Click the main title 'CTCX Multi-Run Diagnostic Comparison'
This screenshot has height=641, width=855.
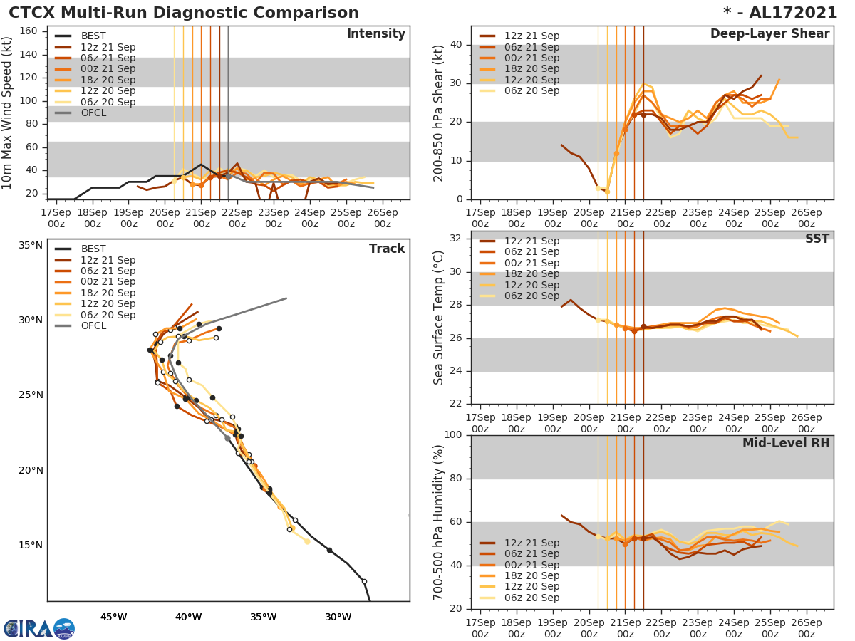pyautogui.click(x=184, y=13)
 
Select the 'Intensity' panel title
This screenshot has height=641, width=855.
pyautogui.click(x=375, y=34)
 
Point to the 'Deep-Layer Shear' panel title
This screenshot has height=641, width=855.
pyautogui.click(x=769, y=34)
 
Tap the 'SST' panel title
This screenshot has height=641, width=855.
pyautogui.click(x=817, y=239)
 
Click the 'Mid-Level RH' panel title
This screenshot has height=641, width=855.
pyautogui.click(x=785, y=443)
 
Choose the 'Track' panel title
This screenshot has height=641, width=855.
pyautogui.click(x=386, y=249)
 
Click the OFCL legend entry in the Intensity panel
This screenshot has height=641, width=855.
pyautogui.click(x=93, y=113)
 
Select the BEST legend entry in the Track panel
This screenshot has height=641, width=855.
pyautogui.click(x=93, y=249)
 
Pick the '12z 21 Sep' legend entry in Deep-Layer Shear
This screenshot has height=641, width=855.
pyautogui.click(x=532, y=36)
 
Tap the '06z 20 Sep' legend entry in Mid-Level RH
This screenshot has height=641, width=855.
pyautogui.click(x=532, y=598)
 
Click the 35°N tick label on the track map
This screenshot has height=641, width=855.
pyautogui.click(x=31, y=246)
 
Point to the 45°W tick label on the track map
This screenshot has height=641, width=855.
pyautogui.click(x=113, y=617)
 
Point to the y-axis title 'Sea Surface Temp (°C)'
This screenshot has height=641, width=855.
pyautogui.click(x=439, y=318)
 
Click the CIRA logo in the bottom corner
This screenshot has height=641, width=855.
pyautogui.click(x=38, y=628)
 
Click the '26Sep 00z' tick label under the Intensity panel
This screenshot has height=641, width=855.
pyautogui.click(x=382, y=217)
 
